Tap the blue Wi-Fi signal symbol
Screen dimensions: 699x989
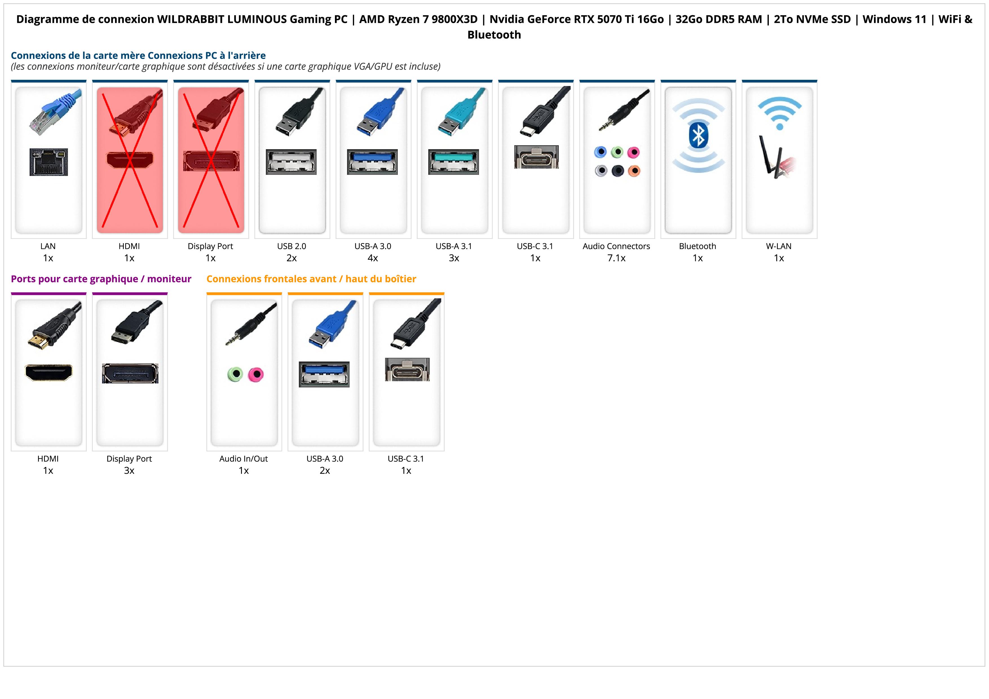click(x=779, y=113)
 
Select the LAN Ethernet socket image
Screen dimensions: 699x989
click(x=49, y=162)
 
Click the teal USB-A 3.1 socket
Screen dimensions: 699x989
click(x=454, y=162)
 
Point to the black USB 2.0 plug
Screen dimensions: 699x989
click(x=293, y=116)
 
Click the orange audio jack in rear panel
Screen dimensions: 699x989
click(x=634, y=171)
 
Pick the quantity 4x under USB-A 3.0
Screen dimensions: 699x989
click(x=373, y=258)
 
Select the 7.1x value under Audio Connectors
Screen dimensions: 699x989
click(x=616, y=258)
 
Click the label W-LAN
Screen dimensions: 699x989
click(x=778, y=246)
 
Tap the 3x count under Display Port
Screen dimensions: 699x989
click(x=129, y=470)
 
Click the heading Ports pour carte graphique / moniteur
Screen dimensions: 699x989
click(x=101, y=279)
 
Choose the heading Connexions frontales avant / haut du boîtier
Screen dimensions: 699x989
click(x=311, y=279)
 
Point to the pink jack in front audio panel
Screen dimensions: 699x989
click(x=256, y=374)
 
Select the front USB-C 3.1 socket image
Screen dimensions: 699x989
click(x=407, y=370)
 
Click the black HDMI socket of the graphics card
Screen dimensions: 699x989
click(x=49, y=372)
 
